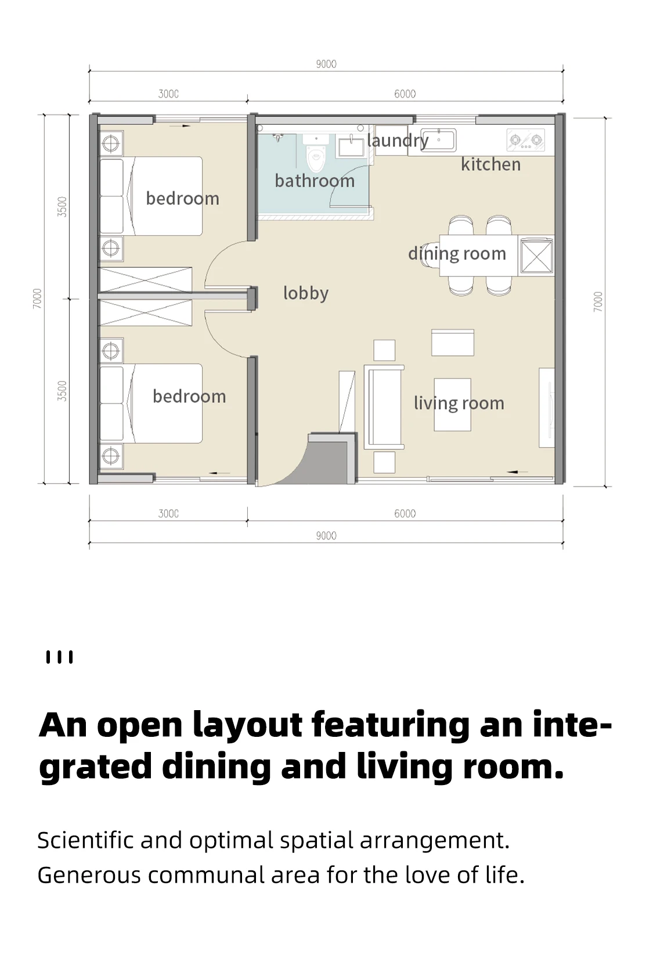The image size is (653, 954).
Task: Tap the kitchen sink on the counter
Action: click(438, 140)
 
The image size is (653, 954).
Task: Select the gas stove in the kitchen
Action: click(526, 140)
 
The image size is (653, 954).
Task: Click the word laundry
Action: click(398, 141)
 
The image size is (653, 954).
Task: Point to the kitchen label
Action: click(491, 164)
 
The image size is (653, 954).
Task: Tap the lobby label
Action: click(306, 293)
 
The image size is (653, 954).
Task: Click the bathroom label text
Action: click(315, 181)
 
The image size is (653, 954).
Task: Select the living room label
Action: click(459, 404)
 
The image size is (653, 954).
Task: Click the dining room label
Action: click(457, 254)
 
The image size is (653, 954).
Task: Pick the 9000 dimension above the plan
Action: click(326, 64)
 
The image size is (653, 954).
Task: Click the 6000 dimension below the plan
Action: click(405, 514)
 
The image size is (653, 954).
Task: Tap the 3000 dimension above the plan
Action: click(168, 93)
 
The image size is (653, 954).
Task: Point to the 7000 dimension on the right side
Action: click(598, 301)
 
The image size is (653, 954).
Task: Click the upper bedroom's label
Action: click(183, 199)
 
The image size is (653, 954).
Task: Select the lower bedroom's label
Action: click(189, 397)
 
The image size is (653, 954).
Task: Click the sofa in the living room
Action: click(384, 407)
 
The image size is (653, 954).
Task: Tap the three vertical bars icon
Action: click(60, 657)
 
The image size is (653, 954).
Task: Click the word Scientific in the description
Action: click(85, 840)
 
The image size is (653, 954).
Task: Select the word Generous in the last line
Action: click(89, 875)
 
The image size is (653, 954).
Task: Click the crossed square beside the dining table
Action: click(537, 256)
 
